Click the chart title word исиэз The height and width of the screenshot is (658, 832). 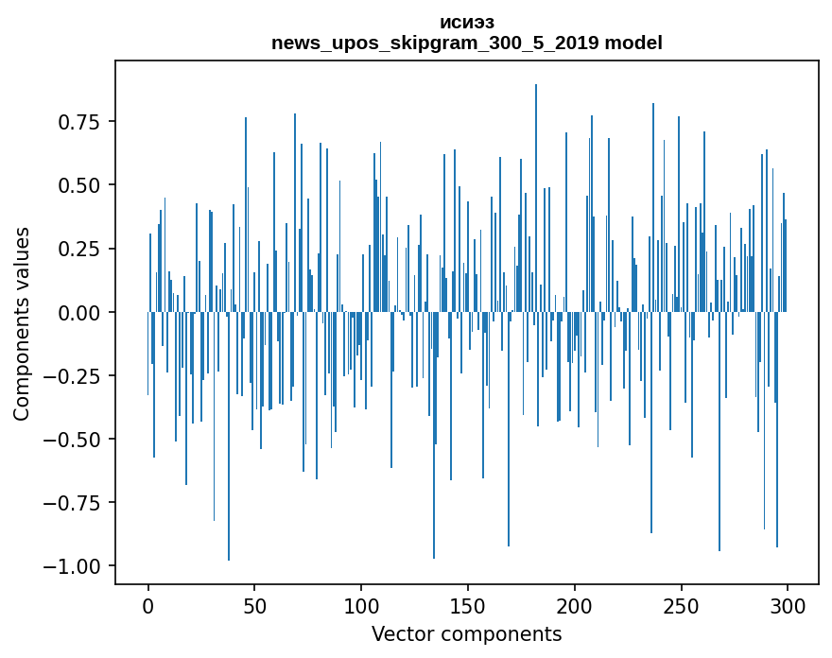coord(467,23)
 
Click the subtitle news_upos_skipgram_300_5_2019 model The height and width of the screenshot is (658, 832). coord(467,43)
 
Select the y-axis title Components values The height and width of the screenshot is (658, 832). coord(21,323)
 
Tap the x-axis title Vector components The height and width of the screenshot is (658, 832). coord(467,634)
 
